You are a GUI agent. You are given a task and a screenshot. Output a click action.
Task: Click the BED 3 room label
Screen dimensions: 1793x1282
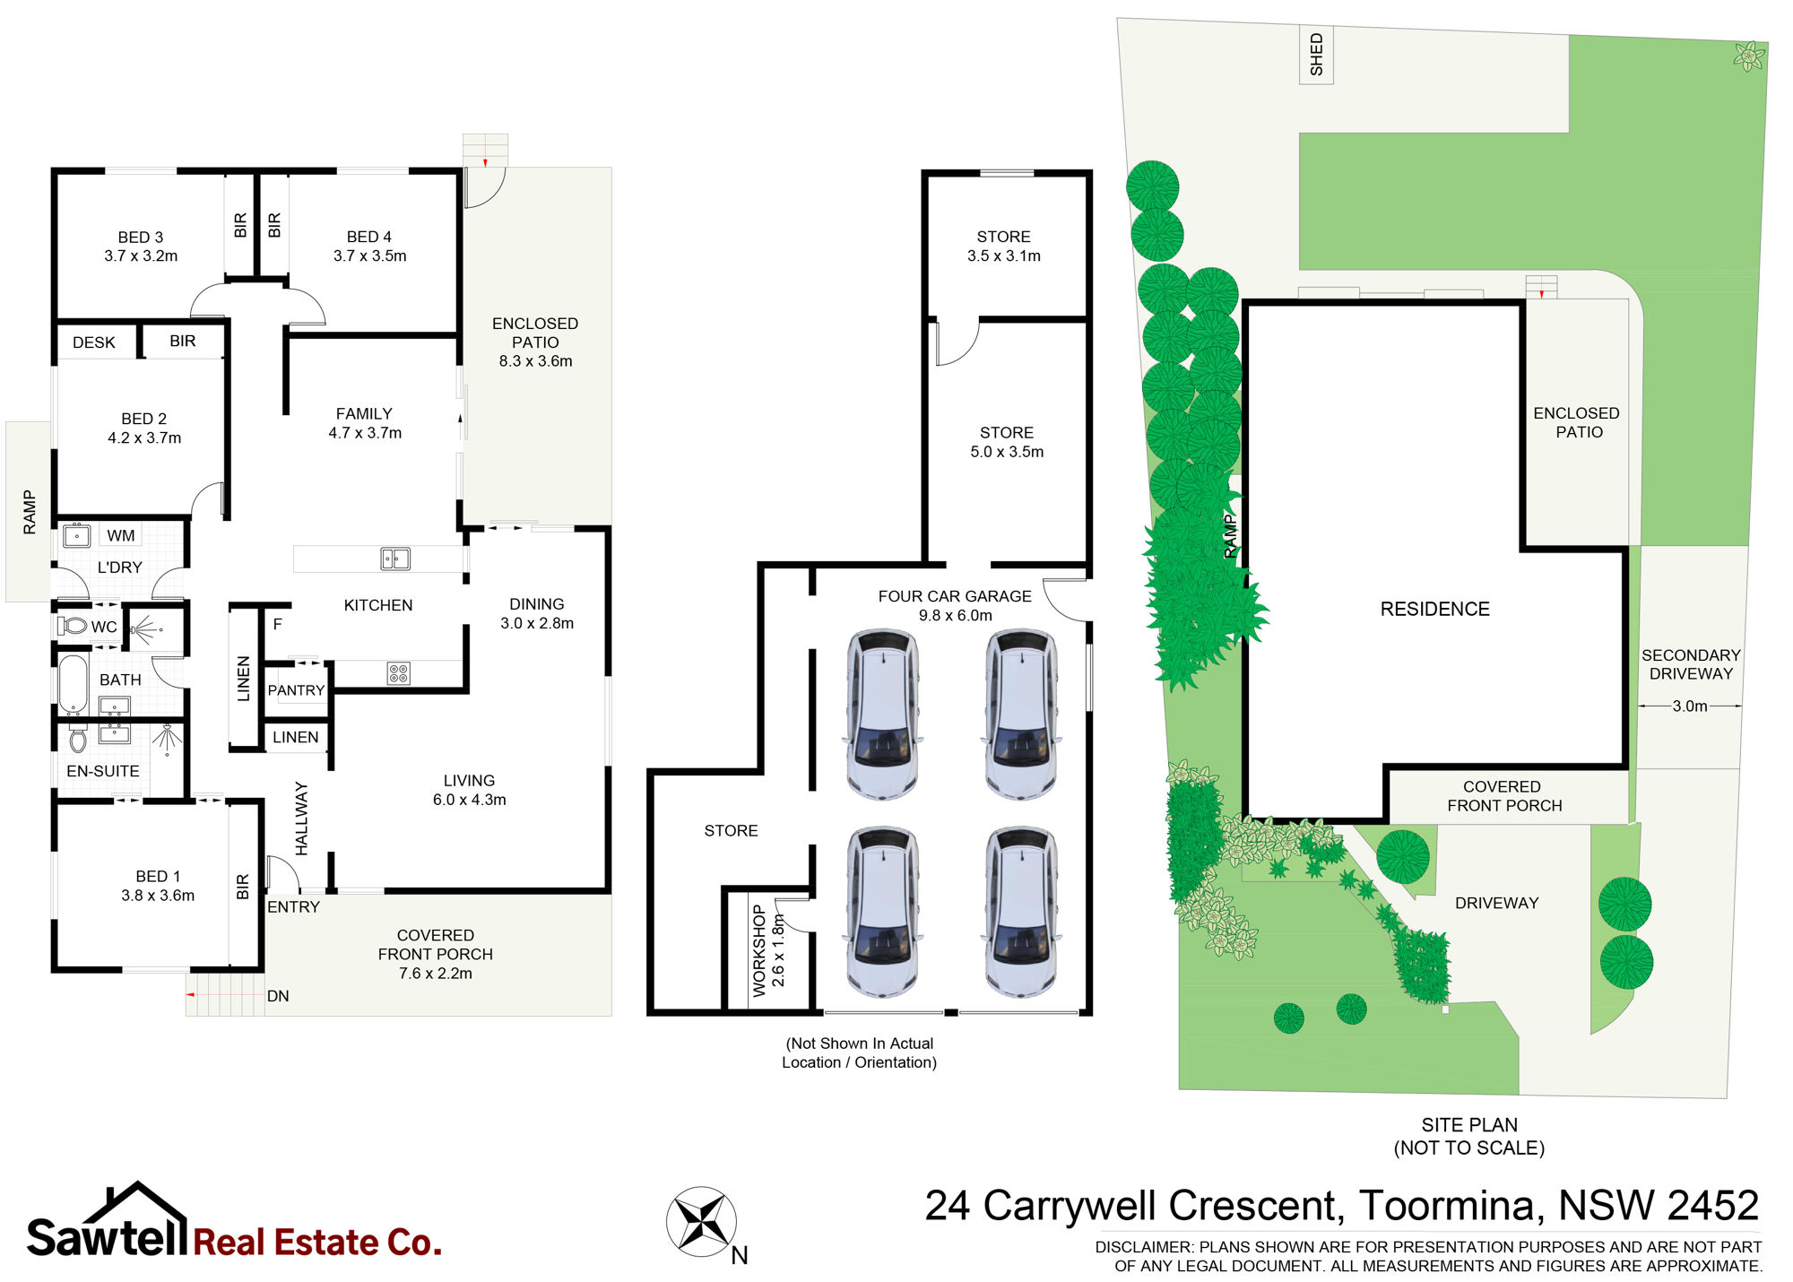[141, 238]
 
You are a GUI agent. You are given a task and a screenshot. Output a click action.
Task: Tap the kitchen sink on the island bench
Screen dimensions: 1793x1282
[395, 559]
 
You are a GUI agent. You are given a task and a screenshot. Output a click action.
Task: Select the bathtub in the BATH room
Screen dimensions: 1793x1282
[74, 685]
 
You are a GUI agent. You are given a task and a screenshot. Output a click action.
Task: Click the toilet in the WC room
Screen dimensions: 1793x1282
[73, 626]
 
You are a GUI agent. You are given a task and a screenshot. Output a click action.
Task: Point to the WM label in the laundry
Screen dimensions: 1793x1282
[121, 535]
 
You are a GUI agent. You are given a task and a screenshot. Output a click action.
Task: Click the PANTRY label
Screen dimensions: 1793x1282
[296, 690]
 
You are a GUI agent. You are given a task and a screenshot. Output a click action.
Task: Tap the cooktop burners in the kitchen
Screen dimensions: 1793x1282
[399, 673]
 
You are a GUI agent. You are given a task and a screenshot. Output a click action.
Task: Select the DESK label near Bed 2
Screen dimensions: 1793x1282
[94, 342]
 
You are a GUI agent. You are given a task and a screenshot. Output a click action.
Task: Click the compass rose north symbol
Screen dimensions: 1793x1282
[702, 1221]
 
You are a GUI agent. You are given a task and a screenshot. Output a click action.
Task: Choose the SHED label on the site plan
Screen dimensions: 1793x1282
[1316, 55]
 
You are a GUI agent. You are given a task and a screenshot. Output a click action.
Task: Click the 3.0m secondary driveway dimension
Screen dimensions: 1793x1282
[1690, 706]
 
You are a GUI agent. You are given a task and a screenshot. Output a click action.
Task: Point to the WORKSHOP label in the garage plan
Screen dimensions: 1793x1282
[759, 950]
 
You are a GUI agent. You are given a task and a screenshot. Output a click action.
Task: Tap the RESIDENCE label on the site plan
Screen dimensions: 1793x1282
[1434, 610]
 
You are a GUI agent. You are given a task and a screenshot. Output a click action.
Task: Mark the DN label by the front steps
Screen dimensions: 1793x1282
[278, 996]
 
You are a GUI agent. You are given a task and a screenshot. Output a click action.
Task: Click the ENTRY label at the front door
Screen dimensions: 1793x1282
[293, 907]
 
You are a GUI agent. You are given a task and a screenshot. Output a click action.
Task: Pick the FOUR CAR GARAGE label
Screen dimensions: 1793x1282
[955, 596]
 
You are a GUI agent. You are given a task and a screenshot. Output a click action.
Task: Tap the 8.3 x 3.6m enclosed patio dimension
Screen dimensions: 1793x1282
[535, 361]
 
